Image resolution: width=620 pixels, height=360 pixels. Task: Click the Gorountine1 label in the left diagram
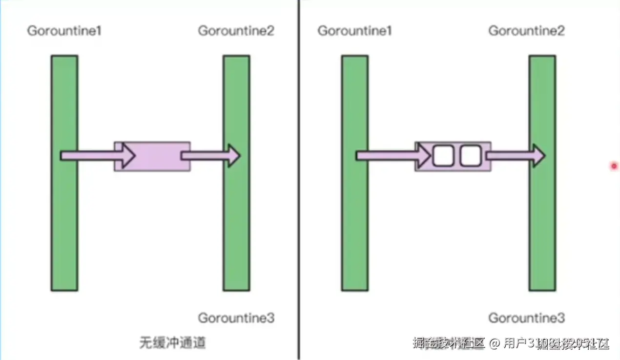(64, 31)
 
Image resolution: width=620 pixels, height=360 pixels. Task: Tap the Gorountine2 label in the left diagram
(236, 31)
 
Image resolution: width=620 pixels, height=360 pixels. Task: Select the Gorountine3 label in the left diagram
(236, 318)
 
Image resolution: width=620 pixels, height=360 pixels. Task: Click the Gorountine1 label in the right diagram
(355, 31)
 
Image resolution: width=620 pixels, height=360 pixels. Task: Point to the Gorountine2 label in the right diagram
(526, 31)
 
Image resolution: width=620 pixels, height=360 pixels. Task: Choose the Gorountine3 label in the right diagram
(526, 318)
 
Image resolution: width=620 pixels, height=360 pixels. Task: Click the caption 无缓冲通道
(173, 342)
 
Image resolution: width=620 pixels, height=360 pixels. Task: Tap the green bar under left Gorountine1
(64, 220)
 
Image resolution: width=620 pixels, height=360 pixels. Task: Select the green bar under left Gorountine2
(236, 220)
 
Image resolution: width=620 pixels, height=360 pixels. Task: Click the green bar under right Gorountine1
(355, 220)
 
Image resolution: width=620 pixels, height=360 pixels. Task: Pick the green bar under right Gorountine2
(542, 220)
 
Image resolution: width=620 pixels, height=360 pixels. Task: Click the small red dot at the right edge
(614, 166)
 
